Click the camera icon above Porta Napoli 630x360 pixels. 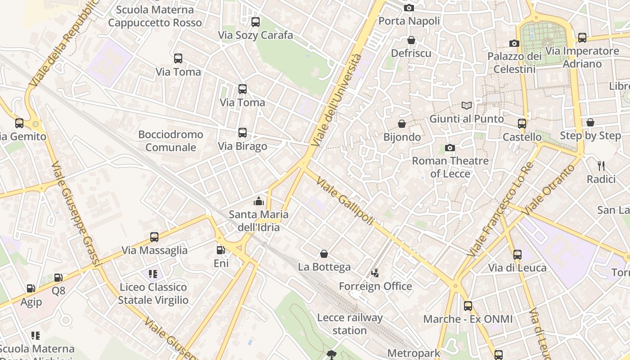pos(409,8)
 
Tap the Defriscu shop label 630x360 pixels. pos(411,53)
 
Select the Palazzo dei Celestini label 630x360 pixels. pos(514,63)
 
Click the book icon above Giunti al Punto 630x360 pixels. pos(467,106)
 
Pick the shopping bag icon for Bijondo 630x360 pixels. pos(402,124)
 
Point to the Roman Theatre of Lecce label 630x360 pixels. pos(450,167)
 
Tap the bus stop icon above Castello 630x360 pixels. pos(522,123)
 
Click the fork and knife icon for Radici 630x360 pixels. pos(601,166)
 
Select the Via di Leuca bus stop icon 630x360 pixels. pos(517,254)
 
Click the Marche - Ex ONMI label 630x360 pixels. pos(468,319)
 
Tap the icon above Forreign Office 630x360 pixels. pos(375,273)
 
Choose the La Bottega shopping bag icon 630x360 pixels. pos(324,254)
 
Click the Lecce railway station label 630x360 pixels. pos(350,324)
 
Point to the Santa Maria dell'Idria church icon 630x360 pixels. pos(259,201)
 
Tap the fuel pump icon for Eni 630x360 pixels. pos(220,250)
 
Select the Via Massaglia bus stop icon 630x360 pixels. pos(154,237)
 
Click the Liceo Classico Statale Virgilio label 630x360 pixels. pos(153,293)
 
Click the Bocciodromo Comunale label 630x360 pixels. pos(171,141)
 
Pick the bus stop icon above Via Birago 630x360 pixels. pos(243,133)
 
